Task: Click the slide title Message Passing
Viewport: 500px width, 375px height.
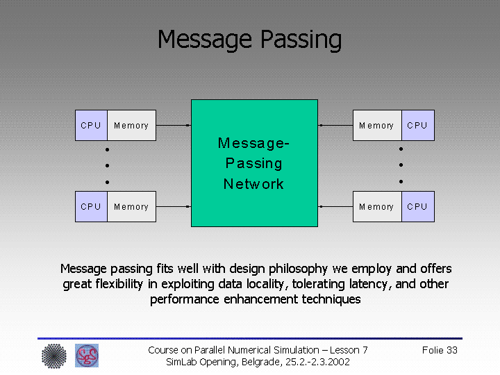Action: [x=249, y=40]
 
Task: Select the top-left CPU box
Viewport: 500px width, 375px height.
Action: [x=91, y=126]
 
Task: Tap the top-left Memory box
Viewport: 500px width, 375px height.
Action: [x=131, y=126]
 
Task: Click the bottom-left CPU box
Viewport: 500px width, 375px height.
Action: [x=91, y=207]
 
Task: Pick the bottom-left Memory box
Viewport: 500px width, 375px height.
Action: [x=131, y=207]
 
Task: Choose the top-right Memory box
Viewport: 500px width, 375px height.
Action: [x=376, y=126]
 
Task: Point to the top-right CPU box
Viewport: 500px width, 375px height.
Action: [x=417, y=126]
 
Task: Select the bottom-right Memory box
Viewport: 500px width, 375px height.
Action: [x=376, y=207]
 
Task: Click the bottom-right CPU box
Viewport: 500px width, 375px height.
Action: [x=417, y=207]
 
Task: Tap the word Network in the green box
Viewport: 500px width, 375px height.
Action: [x=253, y=184]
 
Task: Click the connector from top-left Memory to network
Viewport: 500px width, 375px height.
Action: [x=173, y=126]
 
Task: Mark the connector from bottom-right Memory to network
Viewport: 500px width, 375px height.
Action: [x=336, y=206]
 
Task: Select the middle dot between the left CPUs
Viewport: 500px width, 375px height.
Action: [x=108, y=165]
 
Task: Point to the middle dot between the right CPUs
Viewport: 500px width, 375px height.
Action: [x=401, y=165]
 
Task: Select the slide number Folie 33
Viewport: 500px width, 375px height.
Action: [x=440, y=350]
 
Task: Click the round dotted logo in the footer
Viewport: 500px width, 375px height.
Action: [x=53, y=356]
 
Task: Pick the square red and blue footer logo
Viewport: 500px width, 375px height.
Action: [x=87, y=356]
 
